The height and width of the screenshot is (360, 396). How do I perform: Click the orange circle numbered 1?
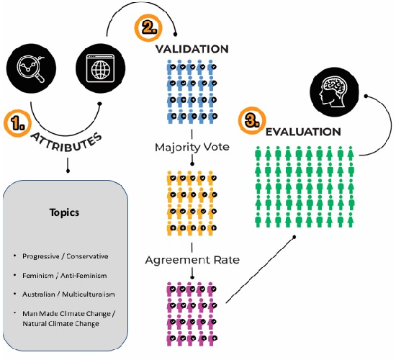(17, 123)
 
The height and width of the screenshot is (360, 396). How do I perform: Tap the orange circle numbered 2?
(148, 27)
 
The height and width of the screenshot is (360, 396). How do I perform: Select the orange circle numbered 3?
(252, 120)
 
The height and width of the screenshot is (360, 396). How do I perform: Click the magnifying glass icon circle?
(31, 68)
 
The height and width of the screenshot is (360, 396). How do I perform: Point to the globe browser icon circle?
(101, 68)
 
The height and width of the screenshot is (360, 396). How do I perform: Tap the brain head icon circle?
(334, 92)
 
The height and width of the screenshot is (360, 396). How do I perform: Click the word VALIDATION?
(192, 49)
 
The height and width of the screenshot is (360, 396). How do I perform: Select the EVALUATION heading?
(303, 132)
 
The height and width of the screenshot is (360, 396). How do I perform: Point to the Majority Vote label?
(192, 147)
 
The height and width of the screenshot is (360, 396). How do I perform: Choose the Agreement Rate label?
(192, 260)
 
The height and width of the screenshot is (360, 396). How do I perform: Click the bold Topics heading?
(64, 212)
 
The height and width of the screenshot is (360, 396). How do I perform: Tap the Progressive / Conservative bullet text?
(66, 256)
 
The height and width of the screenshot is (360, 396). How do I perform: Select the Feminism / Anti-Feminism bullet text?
(65, 275)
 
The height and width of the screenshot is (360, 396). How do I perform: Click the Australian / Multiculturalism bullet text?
(68, 294)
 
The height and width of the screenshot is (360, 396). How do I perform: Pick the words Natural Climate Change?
(61, 323)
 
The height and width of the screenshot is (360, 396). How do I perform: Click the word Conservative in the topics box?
(87, 256)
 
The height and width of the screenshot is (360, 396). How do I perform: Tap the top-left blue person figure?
(171, 67)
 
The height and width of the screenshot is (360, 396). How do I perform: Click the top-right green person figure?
(351, 153)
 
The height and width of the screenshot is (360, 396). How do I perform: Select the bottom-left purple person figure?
(171, 338)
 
